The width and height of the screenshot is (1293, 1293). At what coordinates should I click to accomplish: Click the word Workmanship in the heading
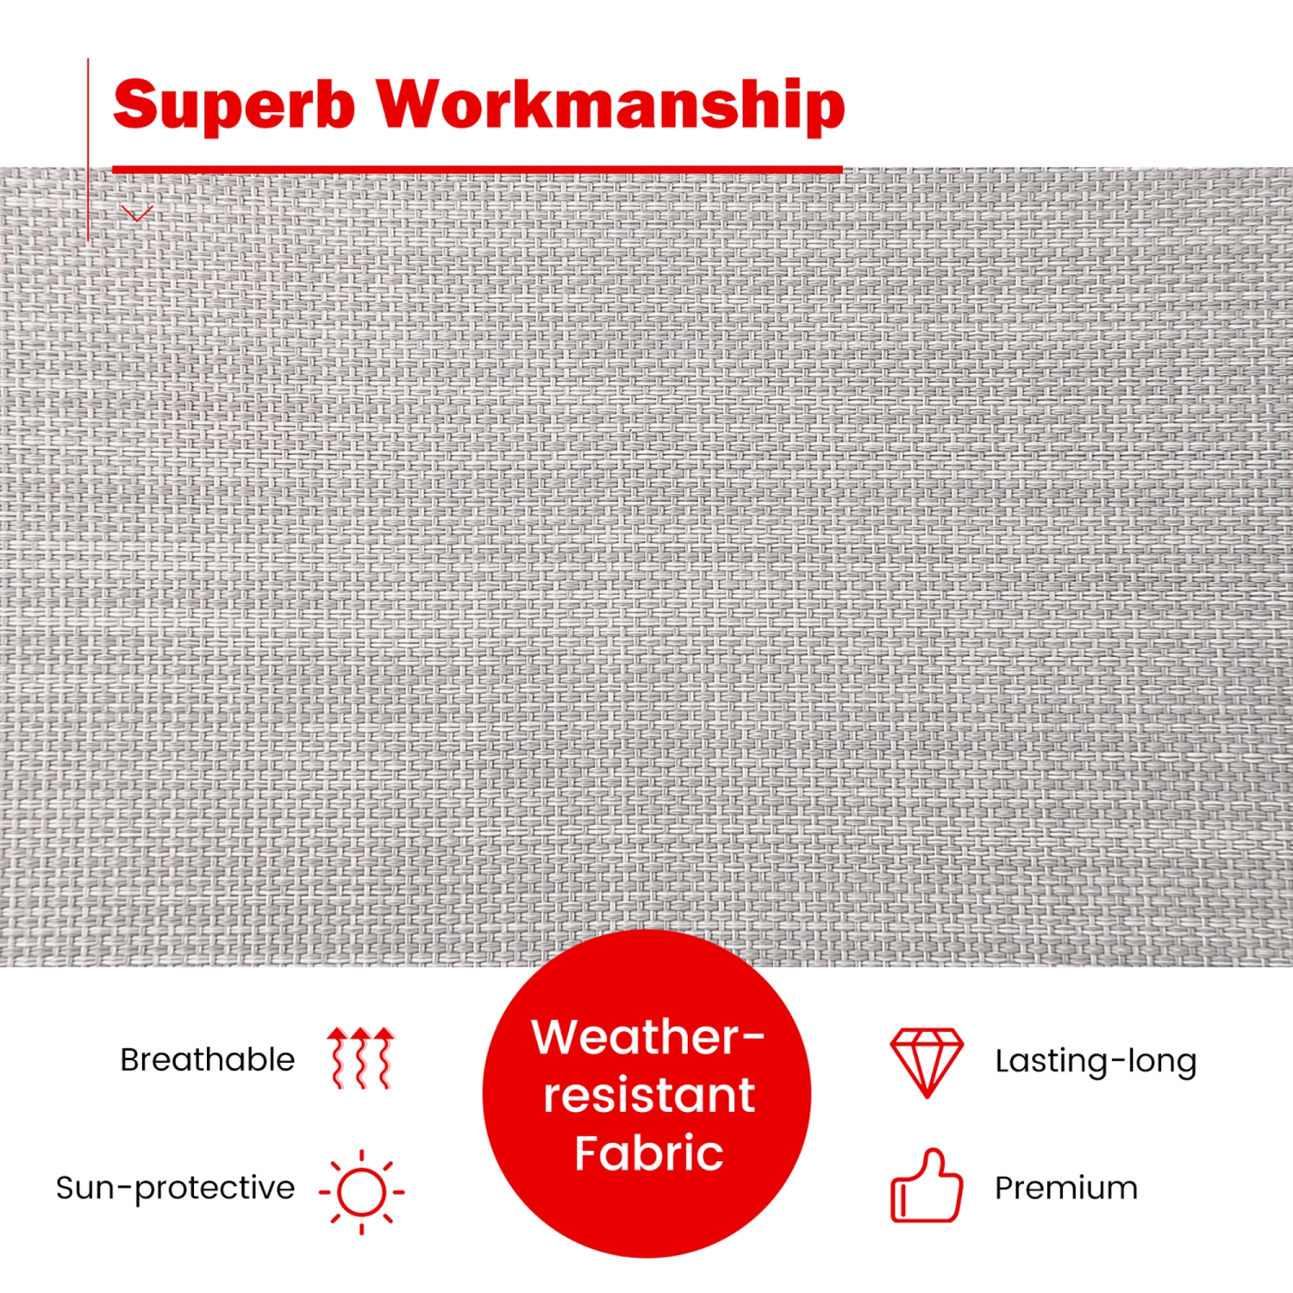click(612, 105)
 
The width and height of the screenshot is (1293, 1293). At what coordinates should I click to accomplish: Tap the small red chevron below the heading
click(137, 214)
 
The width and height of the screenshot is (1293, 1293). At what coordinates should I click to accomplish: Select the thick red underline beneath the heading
click(478, 170)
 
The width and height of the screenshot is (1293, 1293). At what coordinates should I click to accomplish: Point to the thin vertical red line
click(88, 150)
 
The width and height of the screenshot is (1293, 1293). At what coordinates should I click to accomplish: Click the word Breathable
click(208, 1059)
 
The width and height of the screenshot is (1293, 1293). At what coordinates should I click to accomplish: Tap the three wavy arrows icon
click(361, 1058)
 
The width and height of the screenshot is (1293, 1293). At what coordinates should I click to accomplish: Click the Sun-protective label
click(175, 1189)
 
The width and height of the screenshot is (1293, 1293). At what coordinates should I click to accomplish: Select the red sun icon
click(362, 1192)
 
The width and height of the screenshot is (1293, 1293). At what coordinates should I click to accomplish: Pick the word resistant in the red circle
click(649, 1096)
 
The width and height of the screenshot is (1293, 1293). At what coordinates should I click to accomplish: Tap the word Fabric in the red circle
click(649, 1153)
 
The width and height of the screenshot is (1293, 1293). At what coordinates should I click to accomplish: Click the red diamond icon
click(928, 1062)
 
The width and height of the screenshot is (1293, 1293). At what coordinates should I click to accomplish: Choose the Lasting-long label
click(1096, 1061)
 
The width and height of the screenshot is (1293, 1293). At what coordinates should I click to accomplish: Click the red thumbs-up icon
click(927, 1185)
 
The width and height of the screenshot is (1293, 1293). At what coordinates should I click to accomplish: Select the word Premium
click(1066, 1189)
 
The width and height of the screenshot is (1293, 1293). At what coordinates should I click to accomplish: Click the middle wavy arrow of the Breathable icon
click(361, 1058)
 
